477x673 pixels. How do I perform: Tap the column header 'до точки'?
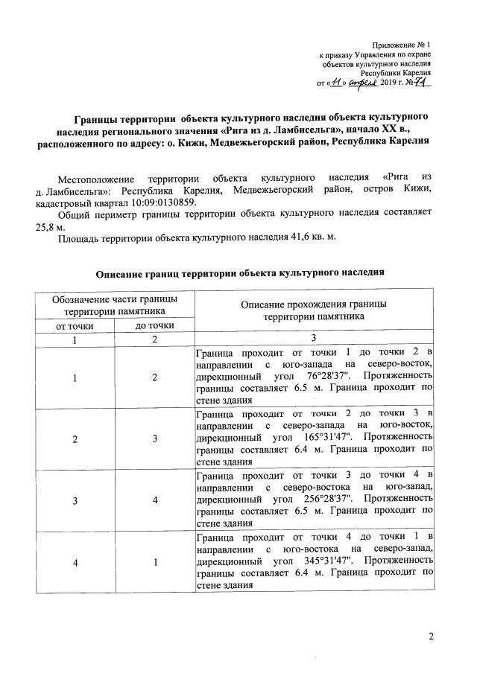click(155, 325)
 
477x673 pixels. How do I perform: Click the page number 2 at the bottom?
click(430, 636)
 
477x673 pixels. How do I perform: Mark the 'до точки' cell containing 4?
click(155, 501)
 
